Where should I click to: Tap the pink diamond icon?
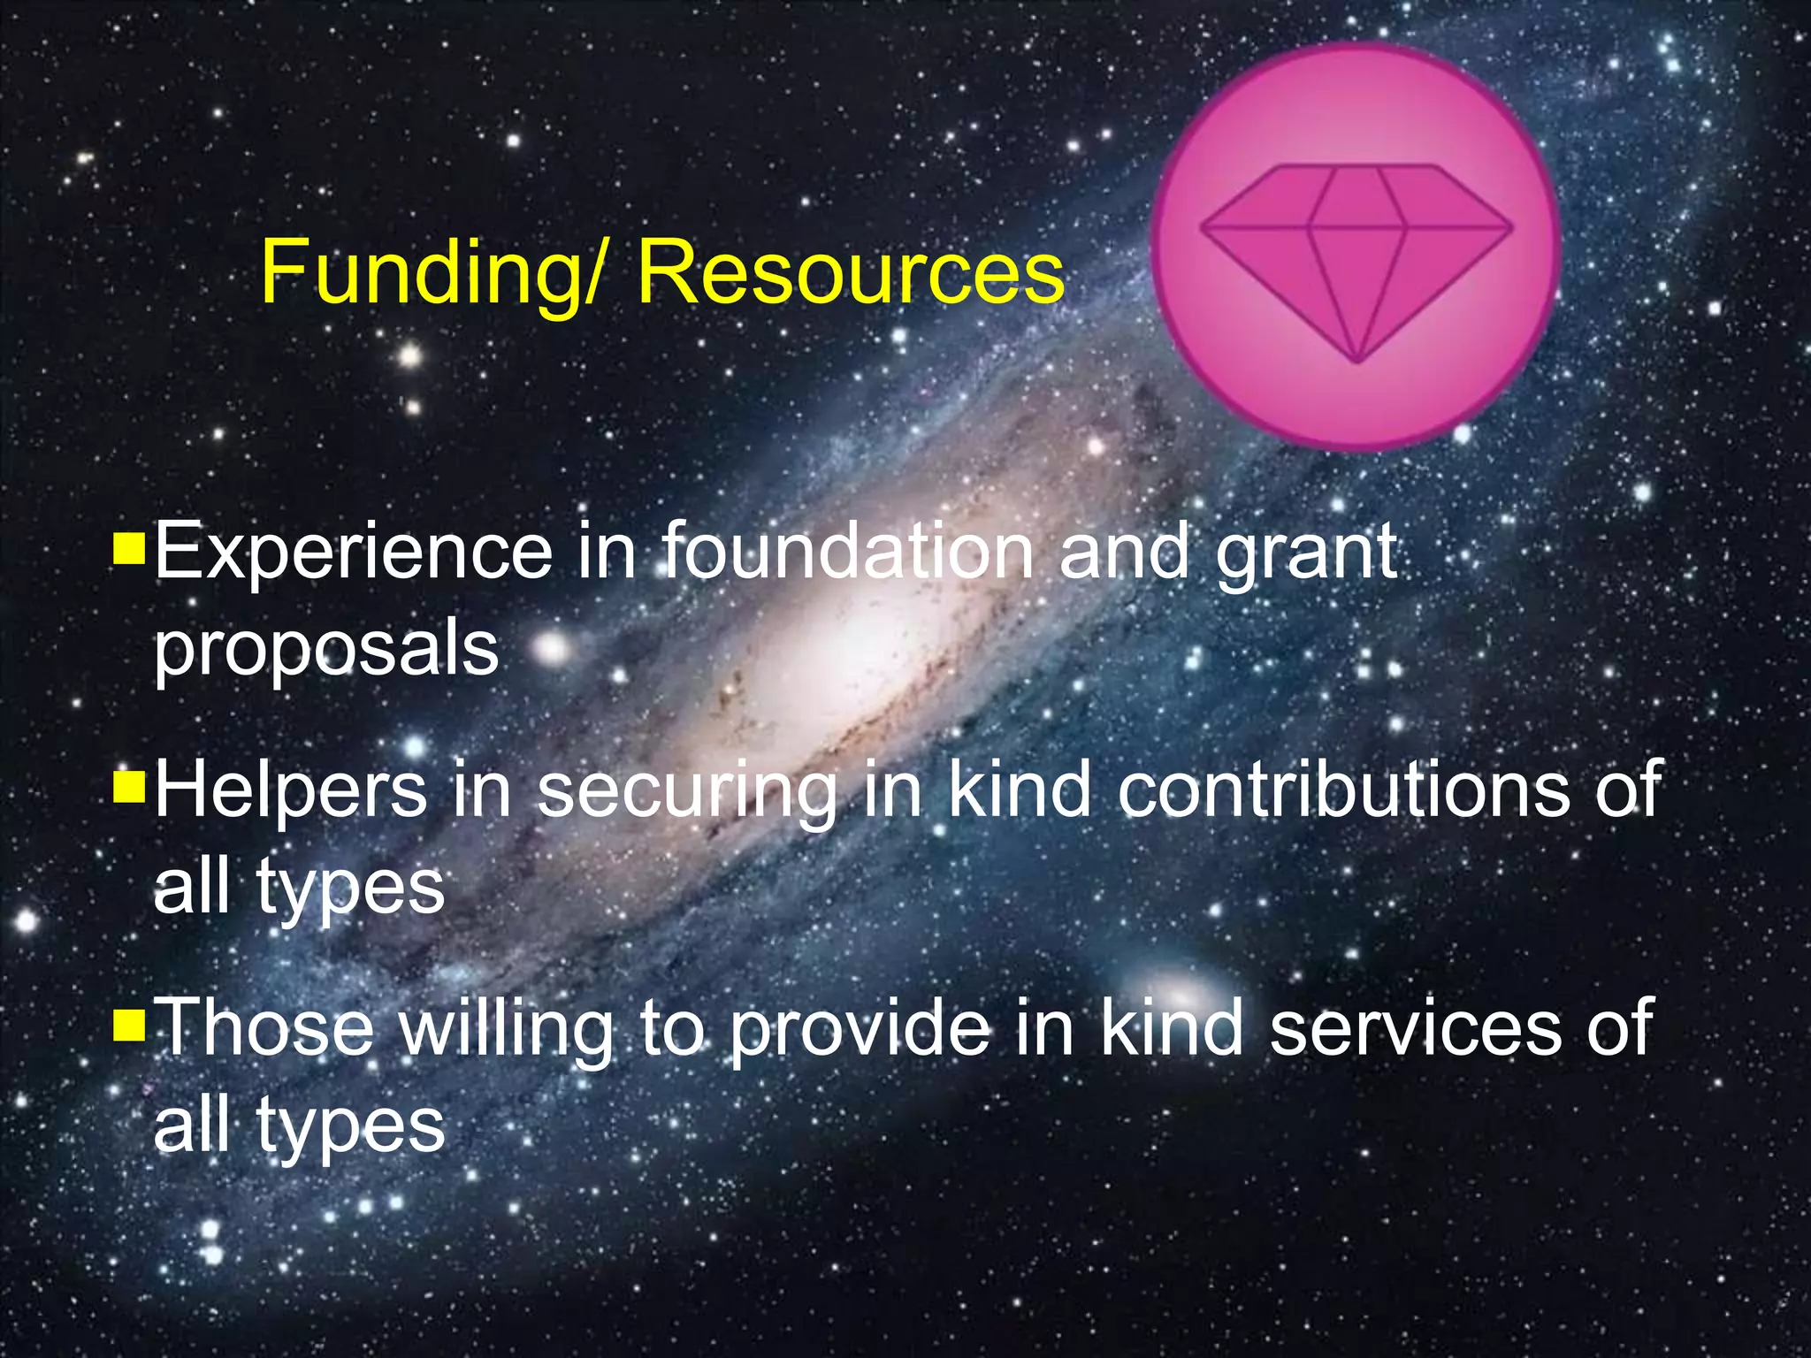[1356, 248]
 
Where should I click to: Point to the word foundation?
[847, 553]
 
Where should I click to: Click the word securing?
[687, 792]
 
